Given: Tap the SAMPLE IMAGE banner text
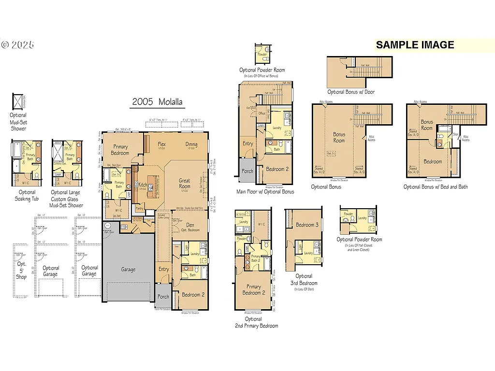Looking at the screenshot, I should pos(415,45).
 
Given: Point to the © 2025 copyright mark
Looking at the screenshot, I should pos(18,45).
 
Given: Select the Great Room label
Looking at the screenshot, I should pos(184,184).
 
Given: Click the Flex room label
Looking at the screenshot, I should pos(162,144).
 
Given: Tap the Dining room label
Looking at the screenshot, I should pos(191,144).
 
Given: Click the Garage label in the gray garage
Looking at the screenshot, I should pos(128,270).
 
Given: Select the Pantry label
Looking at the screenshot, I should pos(140,209).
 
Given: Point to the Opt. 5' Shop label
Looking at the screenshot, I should pos(22,271).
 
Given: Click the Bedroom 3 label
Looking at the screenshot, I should pos(307,225).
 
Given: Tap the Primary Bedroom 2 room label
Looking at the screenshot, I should pos(254,290).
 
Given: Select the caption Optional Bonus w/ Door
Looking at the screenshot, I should pos(351,92).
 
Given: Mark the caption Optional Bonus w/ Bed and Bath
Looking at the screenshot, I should pos(436,187).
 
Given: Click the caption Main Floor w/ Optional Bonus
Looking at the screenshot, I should pos(265,192).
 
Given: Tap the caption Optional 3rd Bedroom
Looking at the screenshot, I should pos(304,280).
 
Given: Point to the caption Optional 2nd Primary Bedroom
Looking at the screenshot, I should pos(254,322).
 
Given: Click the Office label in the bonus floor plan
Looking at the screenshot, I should pos(262,114).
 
